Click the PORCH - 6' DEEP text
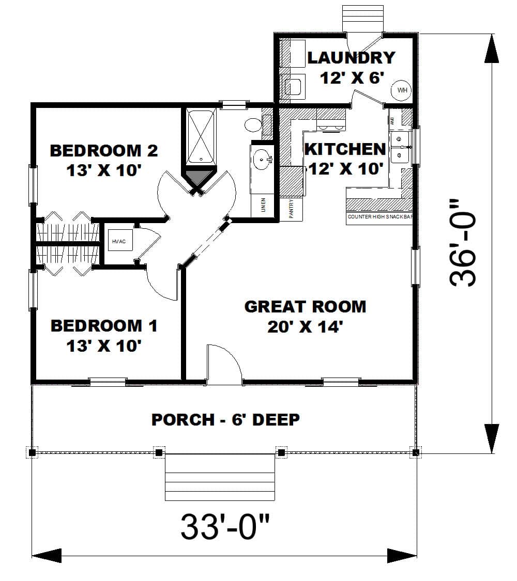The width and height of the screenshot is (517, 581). click(225, 419)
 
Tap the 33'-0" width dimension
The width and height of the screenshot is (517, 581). click(225, 526)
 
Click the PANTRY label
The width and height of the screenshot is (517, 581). click(291, 209)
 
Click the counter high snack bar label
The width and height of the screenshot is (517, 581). click(380, 217)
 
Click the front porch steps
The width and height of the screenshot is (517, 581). click(220, 478)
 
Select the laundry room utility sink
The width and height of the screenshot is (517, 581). click(293, 86)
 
